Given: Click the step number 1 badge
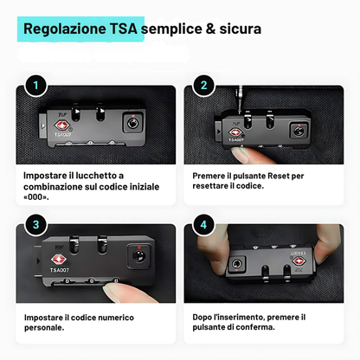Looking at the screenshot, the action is pos(35,86).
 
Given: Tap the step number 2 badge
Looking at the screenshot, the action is pos(203,86).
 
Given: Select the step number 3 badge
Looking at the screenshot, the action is pos(35,225).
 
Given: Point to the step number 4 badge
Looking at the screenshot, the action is pos(203,225).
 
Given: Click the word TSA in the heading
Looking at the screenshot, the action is pos(123,29).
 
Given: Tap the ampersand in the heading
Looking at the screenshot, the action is pos(210,29).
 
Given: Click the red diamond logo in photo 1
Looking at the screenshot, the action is pos(62,125).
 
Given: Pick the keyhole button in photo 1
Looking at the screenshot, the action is pos(133,123).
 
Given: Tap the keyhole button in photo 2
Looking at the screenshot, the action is pos(299,132).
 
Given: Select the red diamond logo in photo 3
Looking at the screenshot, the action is pos(59,260).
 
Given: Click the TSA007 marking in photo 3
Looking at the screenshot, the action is pos(60,270).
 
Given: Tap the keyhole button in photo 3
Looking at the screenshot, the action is pos(139,256).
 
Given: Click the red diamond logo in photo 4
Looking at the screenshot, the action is pos(299,261).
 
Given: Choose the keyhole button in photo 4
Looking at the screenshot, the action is pos(237,264).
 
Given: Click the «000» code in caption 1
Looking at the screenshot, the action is pos(36,197).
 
